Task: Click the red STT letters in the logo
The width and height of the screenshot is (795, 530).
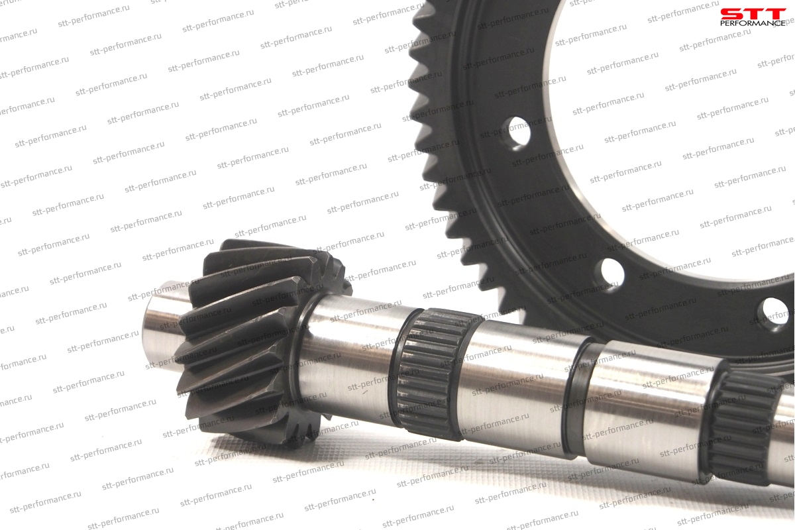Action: [753, 15]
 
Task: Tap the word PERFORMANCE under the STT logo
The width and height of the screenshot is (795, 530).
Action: [753, 23]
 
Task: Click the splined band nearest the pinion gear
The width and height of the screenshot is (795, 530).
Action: [431, 373]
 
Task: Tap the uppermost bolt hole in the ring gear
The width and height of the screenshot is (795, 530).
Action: [518, 132]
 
